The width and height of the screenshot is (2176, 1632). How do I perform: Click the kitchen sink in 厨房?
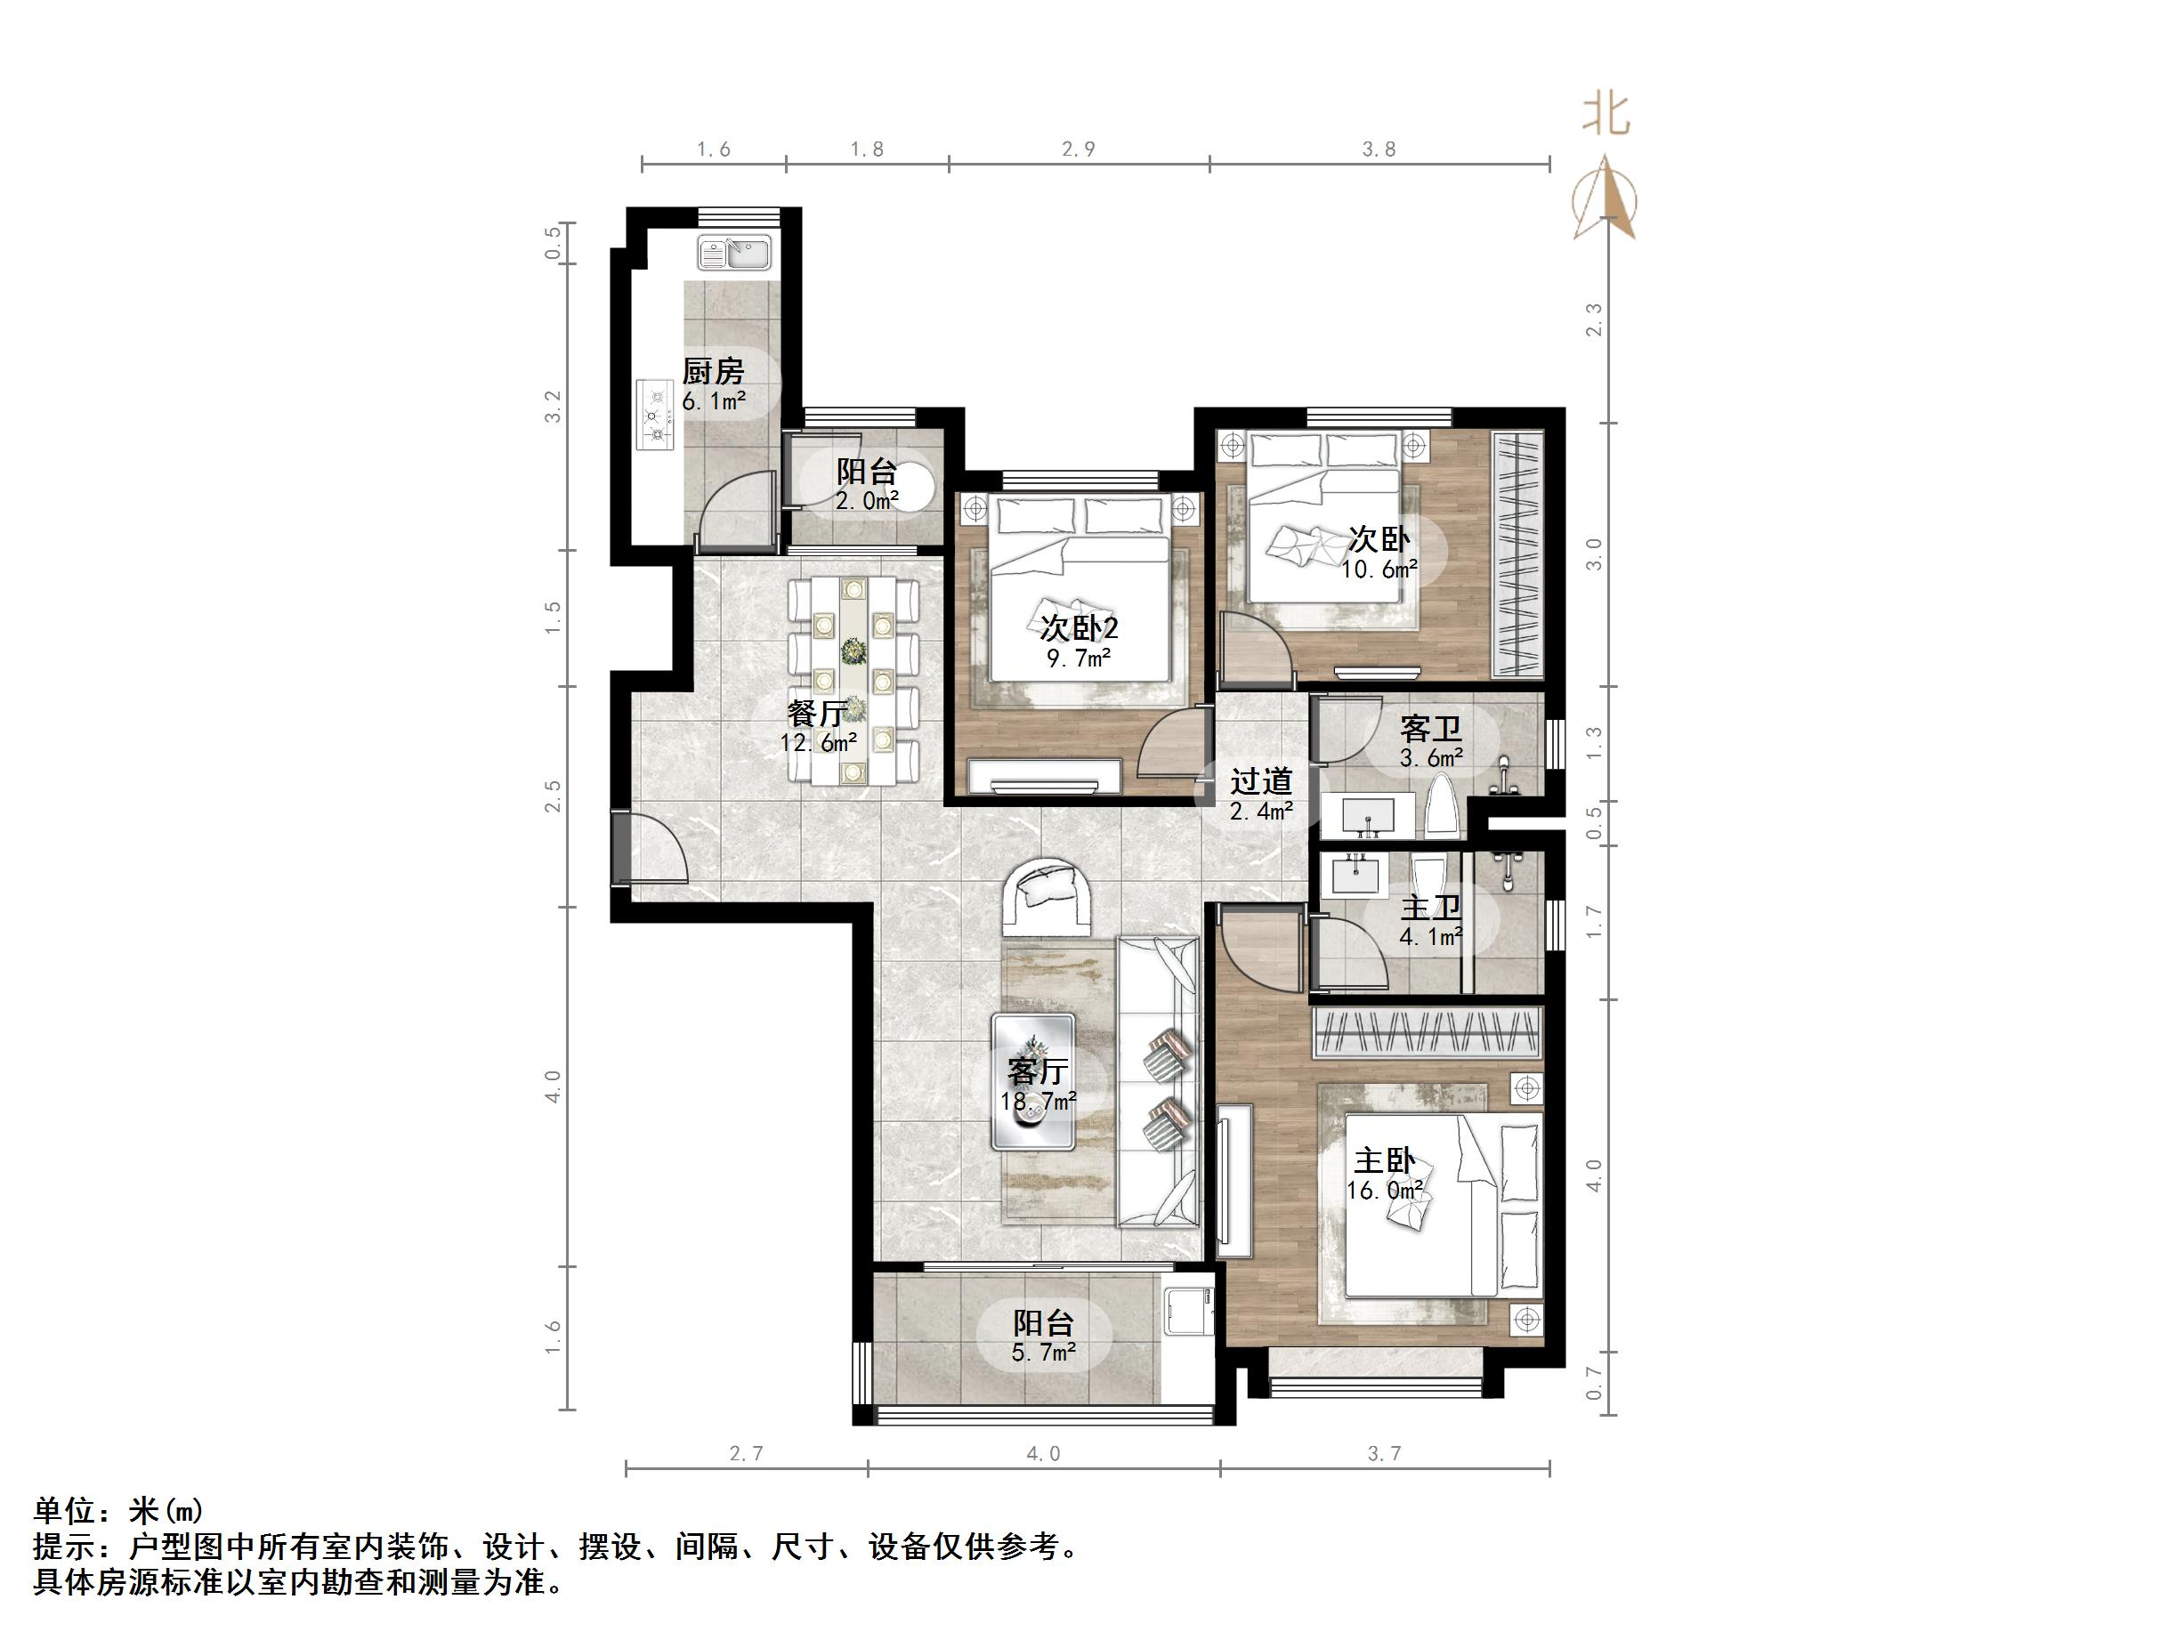[734, 253]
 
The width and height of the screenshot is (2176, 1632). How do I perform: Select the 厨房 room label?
[713, 371]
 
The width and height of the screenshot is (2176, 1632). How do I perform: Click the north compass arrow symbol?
[1605, 197]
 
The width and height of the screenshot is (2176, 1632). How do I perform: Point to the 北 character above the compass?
[1606, 114]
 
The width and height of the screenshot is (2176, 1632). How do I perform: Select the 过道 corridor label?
[1260, 781]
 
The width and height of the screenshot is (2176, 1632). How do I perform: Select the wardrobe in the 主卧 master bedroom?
[1427, 1032]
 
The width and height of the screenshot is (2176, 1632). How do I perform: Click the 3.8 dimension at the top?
[1379, 149]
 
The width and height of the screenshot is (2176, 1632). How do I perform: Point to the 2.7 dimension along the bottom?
[746, 1454]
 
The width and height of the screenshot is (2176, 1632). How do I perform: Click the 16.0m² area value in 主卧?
[1385, 1191]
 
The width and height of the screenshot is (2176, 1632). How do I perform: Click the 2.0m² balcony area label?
[867, 501]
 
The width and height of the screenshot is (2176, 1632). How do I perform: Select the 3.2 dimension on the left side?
[553, 407]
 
